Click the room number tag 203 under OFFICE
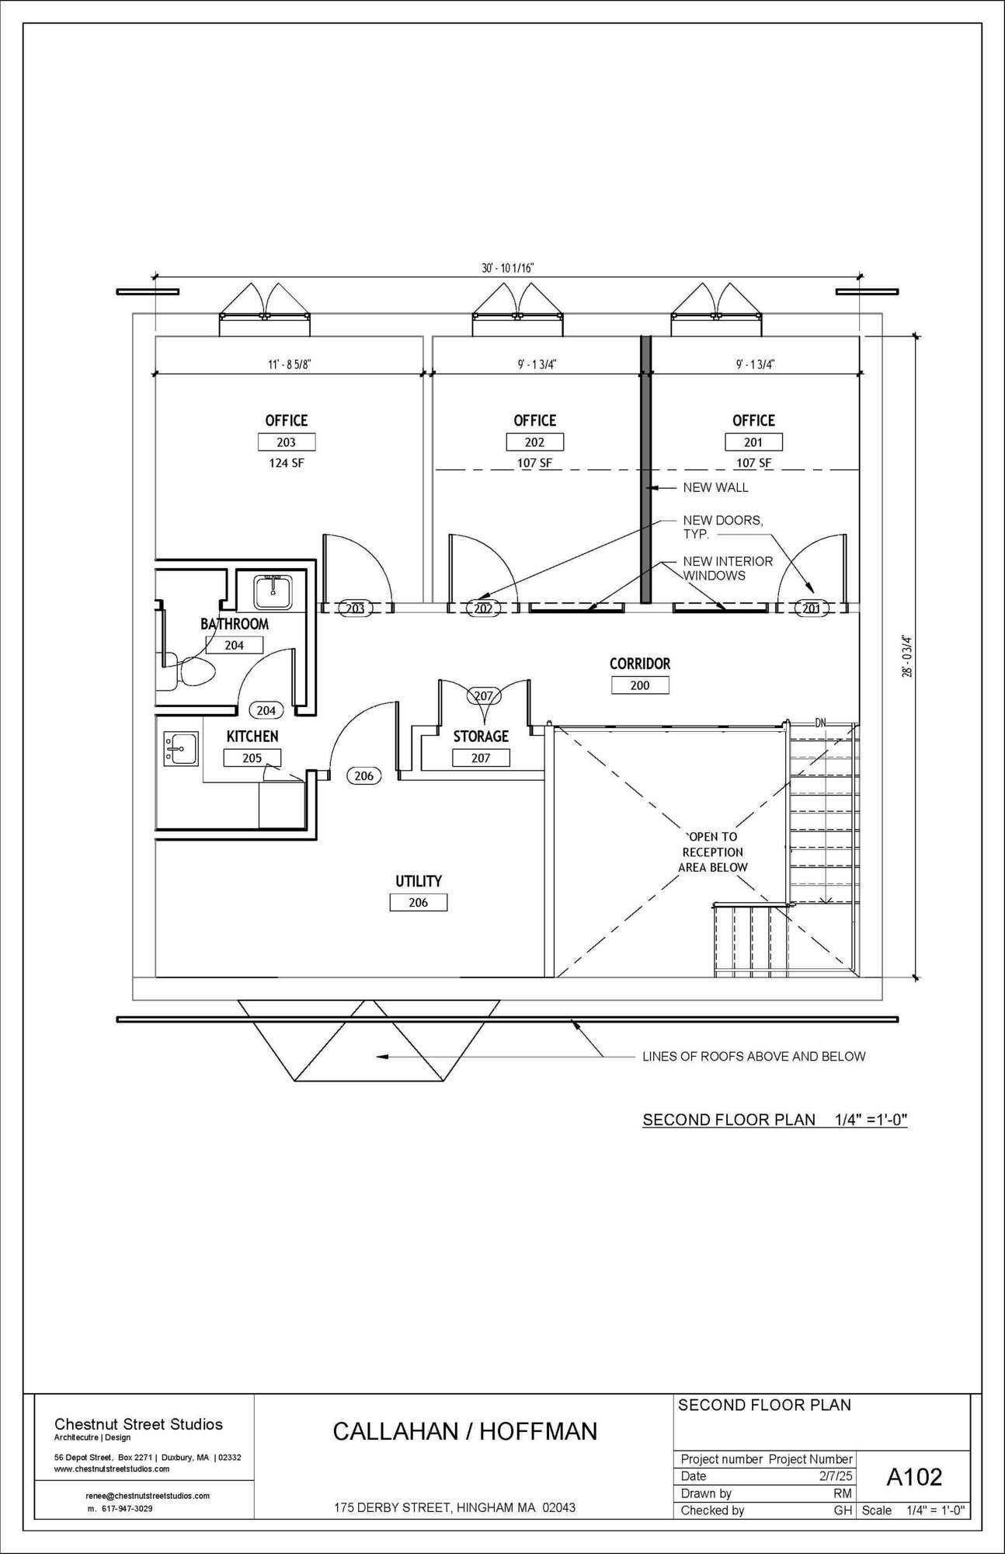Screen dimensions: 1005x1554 pos(287,442)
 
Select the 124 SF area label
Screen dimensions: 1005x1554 pos(287,463)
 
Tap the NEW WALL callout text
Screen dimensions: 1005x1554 pos(715,488)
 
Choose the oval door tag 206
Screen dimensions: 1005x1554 pos(363,775)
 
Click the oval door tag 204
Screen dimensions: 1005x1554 pos(266,710)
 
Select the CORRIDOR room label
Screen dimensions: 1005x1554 pos(639,664)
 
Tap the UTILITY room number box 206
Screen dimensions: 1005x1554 pos(419,902)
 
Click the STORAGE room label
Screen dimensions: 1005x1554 pos(481,736)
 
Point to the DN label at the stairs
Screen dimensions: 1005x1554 pos(821,723)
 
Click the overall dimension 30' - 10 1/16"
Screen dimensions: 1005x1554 pos(508,268)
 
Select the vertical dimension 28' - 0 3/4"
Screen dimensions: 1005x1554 pos(907,657)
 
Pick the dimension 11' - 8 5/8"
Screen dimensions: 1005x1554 pos(290,364)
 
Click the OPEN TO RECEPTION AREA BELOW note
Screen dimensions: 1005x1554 pos(713,852)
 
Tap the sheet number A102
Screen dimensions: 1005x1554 pos(914,1476)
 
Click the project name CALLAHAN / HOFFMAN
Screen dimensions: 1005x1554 pos(465,1431)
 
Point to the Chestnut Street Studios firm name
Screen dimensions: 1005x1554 pos(138,1424)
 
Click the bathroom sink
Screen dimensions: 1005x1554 pos(273,592)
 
